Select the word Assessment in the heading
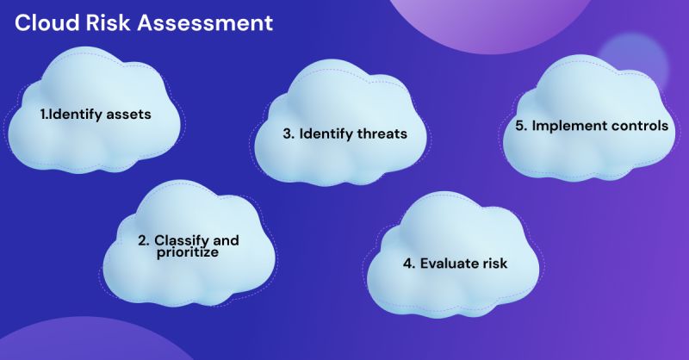point(202,22)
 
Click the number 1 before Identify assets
point(44,114)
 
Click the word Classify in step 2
point(183,239)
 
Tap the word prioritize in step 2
point(188,253)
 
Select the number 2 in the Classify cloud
point(143,239)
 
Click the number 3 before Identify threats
point(288,135)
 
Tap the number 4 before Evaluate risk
point(407,263)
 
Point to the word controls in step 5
point(640,125)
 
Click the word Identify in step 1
point(77,114)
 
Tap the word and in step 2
point(226,239)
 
